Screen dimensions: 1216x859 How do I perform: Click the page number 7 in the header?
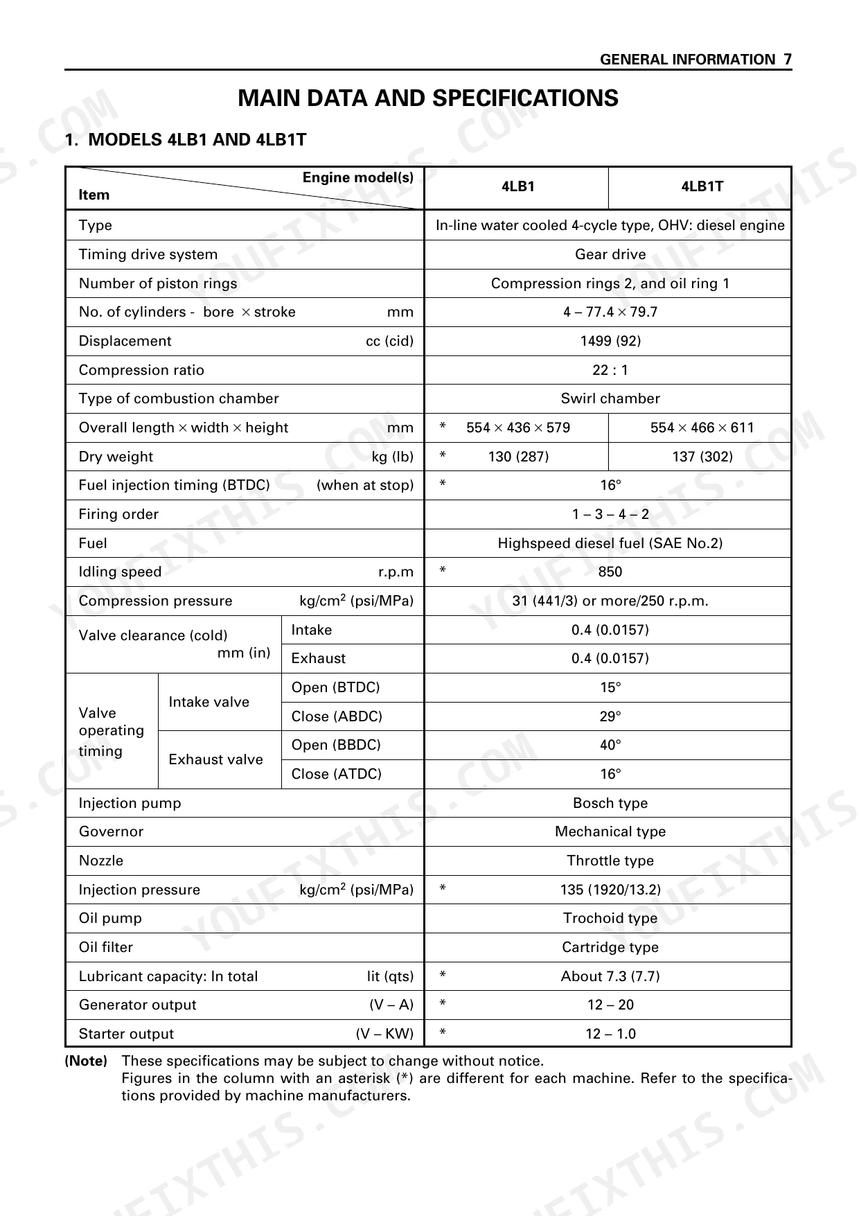(x=787, y=60)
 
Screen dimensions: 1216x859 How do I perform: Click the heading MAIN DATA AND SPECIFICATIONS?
(x=428, y=98)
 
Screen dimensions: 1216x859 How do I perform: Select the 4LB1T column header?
(x=702, y=186)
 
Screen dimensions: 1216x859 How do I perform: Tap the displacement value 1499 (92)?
(x=610, y=341)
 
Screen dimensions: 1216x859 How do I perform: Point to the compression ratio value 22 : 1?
(x=610, y=370)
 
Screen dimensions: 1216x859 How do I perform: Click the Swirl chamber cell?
(x=610, y=398)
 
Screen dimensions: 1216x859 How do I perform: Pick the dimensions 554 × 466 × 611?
(x=702, y=428)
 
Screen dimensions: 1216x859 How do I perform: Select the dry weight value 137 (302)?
(x=702, y=457)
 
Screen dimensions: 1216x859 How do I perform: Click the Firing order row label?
(x=118, y=514)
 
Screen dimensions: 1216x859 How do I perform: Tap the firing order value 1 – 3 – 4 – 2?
(x=610, y=514)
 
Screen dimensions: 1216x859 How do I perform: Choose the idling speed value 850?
(x=610, y=572)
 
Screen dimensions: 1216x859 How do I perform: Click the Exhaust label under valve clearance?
(x=318, y=658)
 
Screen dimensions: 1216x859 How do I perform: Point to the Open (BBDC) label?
(x=336, y=745)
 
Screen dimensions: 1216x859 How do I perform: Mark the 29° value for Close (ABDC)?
(x=610, y=716)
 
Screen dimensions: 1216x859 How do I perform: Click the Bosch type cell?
(x=610, y=803)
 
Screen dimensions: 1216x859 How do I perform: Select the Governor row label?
(x=111, y=831)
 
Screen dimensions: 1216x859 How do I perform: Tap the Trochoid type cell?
(x=610, y=918)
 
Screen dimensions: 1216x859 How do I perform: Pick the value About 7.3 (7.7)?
(x=610, y=976)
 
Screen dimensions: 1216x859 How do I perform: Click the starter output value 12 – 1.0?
(x=610, y=1034)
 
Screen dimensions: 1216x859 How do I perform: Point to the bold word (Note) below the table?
(x=86, y=1061)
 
